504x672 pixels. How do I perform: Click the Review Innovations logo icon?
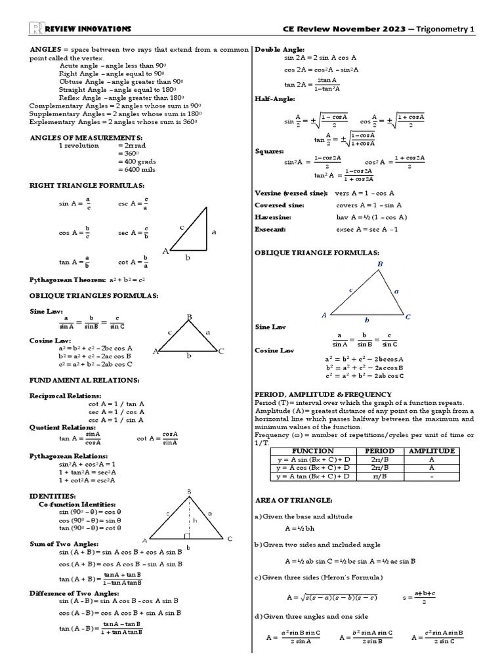(36, 28)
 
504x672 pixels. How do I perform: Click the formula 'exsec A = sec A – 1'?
(367, 229)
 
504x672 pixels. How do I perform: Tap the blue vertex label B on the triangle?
(379, 264)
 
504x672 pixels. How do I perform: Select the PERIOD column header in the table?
(379, 451)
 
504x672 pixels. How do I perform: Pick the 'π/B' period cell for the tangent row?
(379, 476)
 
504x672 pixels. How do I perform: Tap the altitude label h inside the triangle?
(194, 520)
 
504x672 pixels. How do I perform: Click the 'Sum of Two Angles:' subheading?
(64, 543)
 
